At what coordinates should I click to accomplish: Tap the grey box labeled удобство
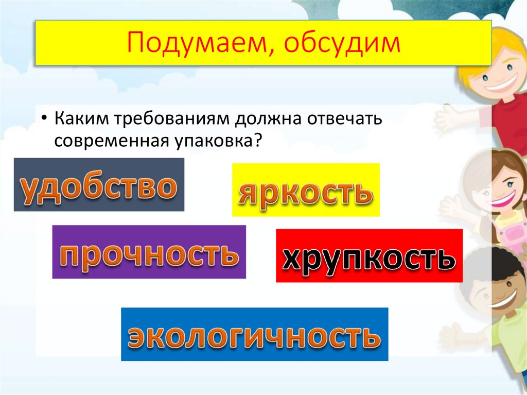(99, 185)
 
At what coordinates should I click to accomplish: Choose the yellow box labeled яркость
(306, 190)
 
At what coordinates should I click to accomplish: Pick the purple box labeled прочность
(149, 252)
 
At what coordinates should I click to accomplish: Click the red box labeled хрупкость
(369, 256)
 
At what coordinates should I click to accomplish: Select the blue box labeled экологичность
(254, 334)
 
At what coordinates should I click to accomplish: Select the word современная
(109, 140)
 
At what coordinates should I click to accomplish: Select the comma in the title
(275, 51)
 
